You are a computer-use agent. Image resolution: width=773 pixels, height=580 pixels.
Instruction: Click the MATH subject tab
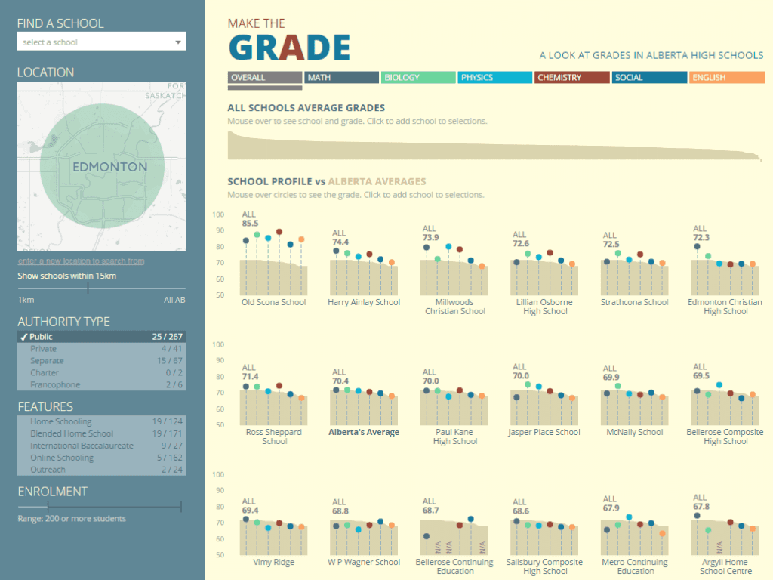pyautogui.click(x=340, y=77)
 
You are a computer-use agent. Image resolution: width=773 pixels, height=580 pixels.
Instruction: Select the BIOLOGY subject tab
pyautogui.click(x=418, y=77)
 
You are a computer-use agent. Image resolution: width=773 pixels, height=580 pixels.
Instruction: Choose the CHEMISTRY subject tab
pyautogui.click(x=571, y=77)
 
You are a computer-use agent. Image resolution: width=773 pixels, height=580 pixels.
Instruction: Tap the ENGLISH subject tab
pyautogui.click(x=726, y=77)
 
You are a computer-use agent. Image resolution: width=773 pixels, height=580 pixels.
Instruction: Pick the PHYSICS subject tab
pyautogui.click(x=494, y=77)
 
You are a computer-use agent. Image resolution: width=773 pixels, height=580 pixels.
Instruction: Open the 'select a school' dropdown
pyautogui.click(x=102, y=42)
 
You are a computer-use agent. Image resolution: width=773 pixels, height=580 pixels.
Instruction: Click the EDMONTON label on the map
pyautogui.click(x=110, y=167)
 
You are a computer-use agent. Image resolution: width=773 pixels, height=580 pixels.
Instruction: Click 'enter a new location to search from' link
pyautogui.click(x=82, y=261)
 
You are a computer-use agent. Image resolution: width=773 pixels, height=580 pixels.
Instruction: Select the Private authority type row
pyautogui.click(x=102, y=349)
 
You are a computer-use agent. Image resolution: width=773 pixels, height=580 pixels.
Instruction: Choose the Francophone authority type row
pyautogui.click(x=102, y=385)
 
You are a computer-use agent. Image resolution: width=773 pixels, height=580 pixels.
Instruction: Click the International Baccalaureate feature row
pyautogui.click(x=102, y=446)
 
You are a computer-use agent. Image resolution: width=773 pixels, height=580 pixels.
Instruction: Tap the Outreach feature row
pyautogui.click(x=102, y=470)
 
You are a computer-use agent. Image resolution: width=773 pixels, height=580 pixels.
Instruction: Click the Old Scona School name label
pyautogui.click(x=273, y=303)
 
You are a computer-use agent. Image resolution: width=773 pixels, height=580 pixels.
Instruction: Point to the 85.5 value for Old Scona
pyautogui.click(x=250, y=224)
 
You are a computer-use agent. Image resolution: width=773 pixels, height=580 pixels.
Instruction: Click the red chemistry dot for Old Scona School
pyautogui.click(x=279, y=233)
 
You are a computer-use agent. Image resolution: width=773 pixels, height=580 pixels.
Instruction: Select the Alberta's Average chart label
pyautogui.click(x=364, y=433)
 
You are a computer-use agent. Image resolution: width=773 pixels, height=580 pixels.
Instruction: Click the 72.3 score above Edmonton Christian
pyautogui.click(x=701, y=238)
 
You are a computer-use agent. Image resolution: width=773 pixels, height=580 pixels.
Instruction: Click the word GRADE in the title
pyautogui.click(x=289, y=48)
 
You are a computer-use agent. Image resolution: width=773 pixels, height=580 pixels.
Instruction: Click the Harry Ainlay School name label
pyautogui.click(x=364, y=303)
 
